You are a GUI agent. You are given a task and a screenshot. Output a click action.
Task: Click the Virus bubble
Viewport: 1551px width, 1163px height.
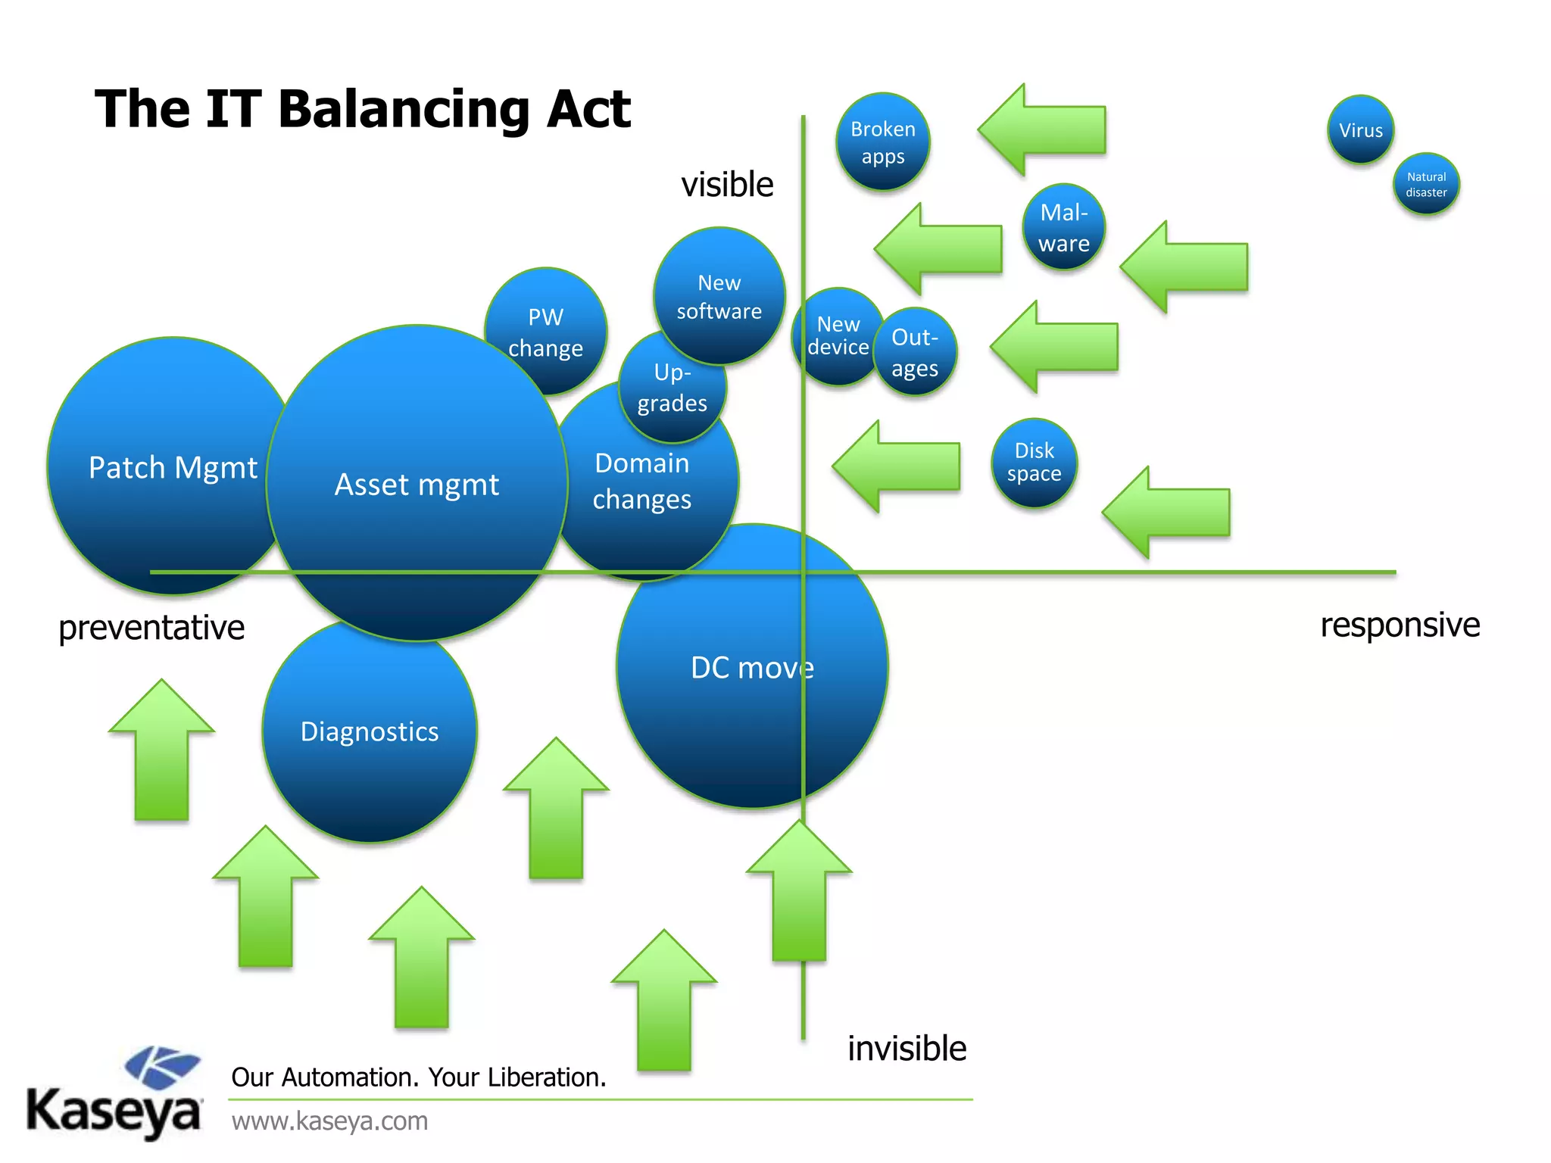pos(1360,130)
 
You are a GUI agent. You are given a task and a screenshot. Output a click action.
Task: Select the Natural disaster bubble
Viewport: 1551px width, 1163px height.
pos(1426,185)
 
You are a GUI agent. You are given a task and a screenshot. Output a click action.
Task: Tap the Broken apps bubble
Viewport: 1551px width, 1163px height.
pos(883,142)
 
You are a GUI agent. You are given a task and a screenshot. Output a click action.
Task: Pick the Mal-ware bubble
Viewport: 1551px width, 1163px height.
pos(1064,227)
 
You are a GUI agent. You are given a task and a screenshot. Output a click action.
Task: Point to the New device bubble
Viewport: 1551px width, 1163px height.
pos(836,336)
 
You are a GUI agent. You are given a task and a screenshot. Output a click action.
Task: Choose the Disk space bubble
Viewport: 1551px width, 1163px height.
pos(1034,463)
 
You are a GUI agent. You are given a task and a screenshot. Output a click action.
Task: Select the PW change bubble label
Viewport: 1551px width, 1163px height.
pos(545,332)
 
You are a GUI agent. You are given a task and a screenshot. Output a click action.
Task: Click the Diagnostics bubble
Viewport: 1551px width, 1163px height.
pos(370,732)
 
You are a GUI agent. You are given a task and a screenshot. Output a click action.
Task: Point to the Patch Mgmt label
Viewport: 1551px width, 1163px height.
pos(173,468)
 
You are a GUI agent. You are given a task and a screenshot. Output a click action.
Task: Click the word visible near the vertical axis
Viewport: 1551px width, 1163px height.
pos(727,185)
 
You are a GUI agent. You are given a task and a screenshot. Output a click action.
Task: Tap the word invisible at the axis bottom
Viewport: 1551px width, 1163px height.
pos(907,1049)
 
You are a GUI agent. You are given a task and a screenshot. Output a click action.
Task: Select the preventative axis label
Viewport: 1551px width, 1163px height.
pos(151,628)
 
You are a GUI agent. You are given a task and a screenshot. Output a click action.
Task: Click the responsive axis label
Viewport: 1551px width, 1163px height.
pos(1400,625)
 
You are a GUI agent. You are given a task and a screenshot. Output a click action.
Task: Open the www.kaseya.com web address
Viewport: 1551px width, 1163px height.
pos(329,1121)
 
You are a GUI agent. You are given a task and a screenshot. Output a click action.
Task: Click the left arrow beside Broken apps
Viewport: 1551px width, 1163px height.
pos(1041,130)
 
